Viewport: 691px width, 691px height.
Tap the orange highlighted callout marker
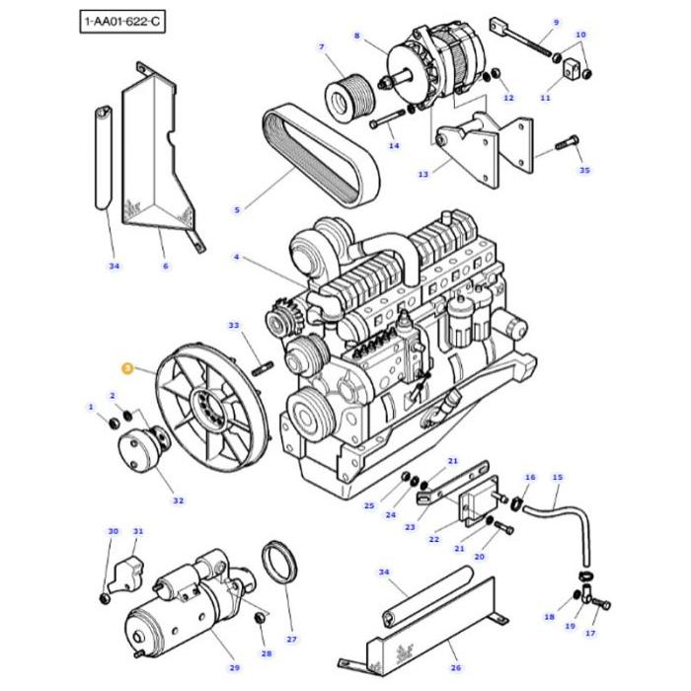[x=126, y=368]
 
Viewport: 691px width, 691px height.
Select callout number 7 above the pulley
[x=321, y=46]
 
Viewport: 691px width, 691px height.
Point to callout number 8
[x=356, y=37]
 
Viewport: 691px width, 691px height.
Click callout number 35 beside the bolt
[x=584, y=171]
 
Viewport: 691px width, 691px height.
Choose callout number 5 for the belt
[x=237, y=209]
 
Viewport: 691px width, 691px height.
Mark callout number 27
[x=291, y=640]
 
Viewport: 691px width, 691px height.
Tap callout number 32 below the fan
[x=179, y=500]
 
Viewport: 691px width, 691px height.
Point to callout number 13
[x=423, y=175]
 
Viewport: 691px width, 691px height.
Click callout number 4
[x=237, y=257]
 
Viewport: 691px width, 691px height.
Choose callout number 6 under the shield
[x=165, y=266]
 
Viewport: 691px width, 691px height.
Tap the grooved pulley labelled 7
[x=346, y=97]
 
